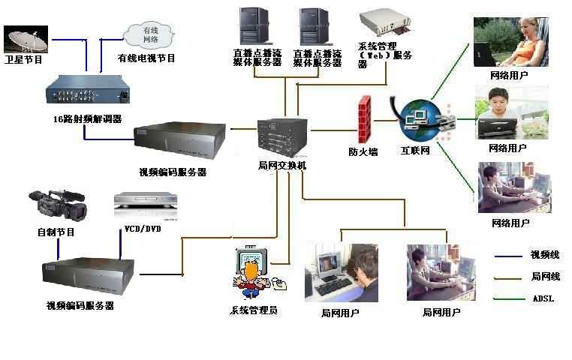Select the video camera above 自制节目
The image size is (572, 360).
57,205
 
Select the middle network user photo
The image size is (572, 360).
510,112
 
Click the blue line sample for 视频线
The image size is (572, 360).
508,256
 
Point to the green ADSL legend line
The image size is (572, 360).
508,299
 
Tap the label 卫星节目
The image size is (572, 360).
23,58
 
